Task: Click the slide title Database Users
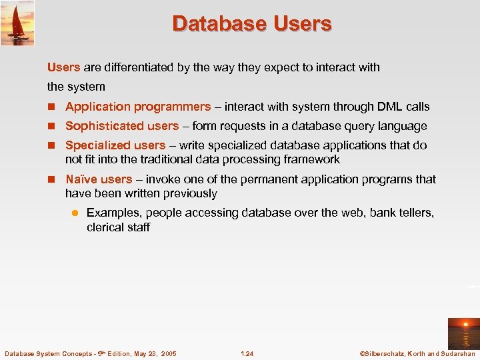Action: (x=251, y=24)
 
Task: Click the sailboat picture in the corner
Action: (x=17, y=23)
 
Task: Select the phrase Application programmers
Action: (x=138, y=107)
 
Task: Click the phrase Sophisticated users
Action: (x=122, y=126)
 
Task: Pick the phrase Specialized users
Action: (x=115, y=145)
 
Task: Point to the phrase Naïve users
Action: (x=99, y=179)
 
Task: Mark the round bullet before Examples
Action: (x=75, y=213)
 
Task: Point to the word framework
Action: (x=313, y=159)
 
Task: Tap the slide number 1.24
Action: (x=247, y=353)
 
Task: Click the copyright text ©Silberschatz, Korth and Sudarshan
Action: (x=417, y=353)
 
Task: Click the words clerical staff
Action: (x=118, y=227)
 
